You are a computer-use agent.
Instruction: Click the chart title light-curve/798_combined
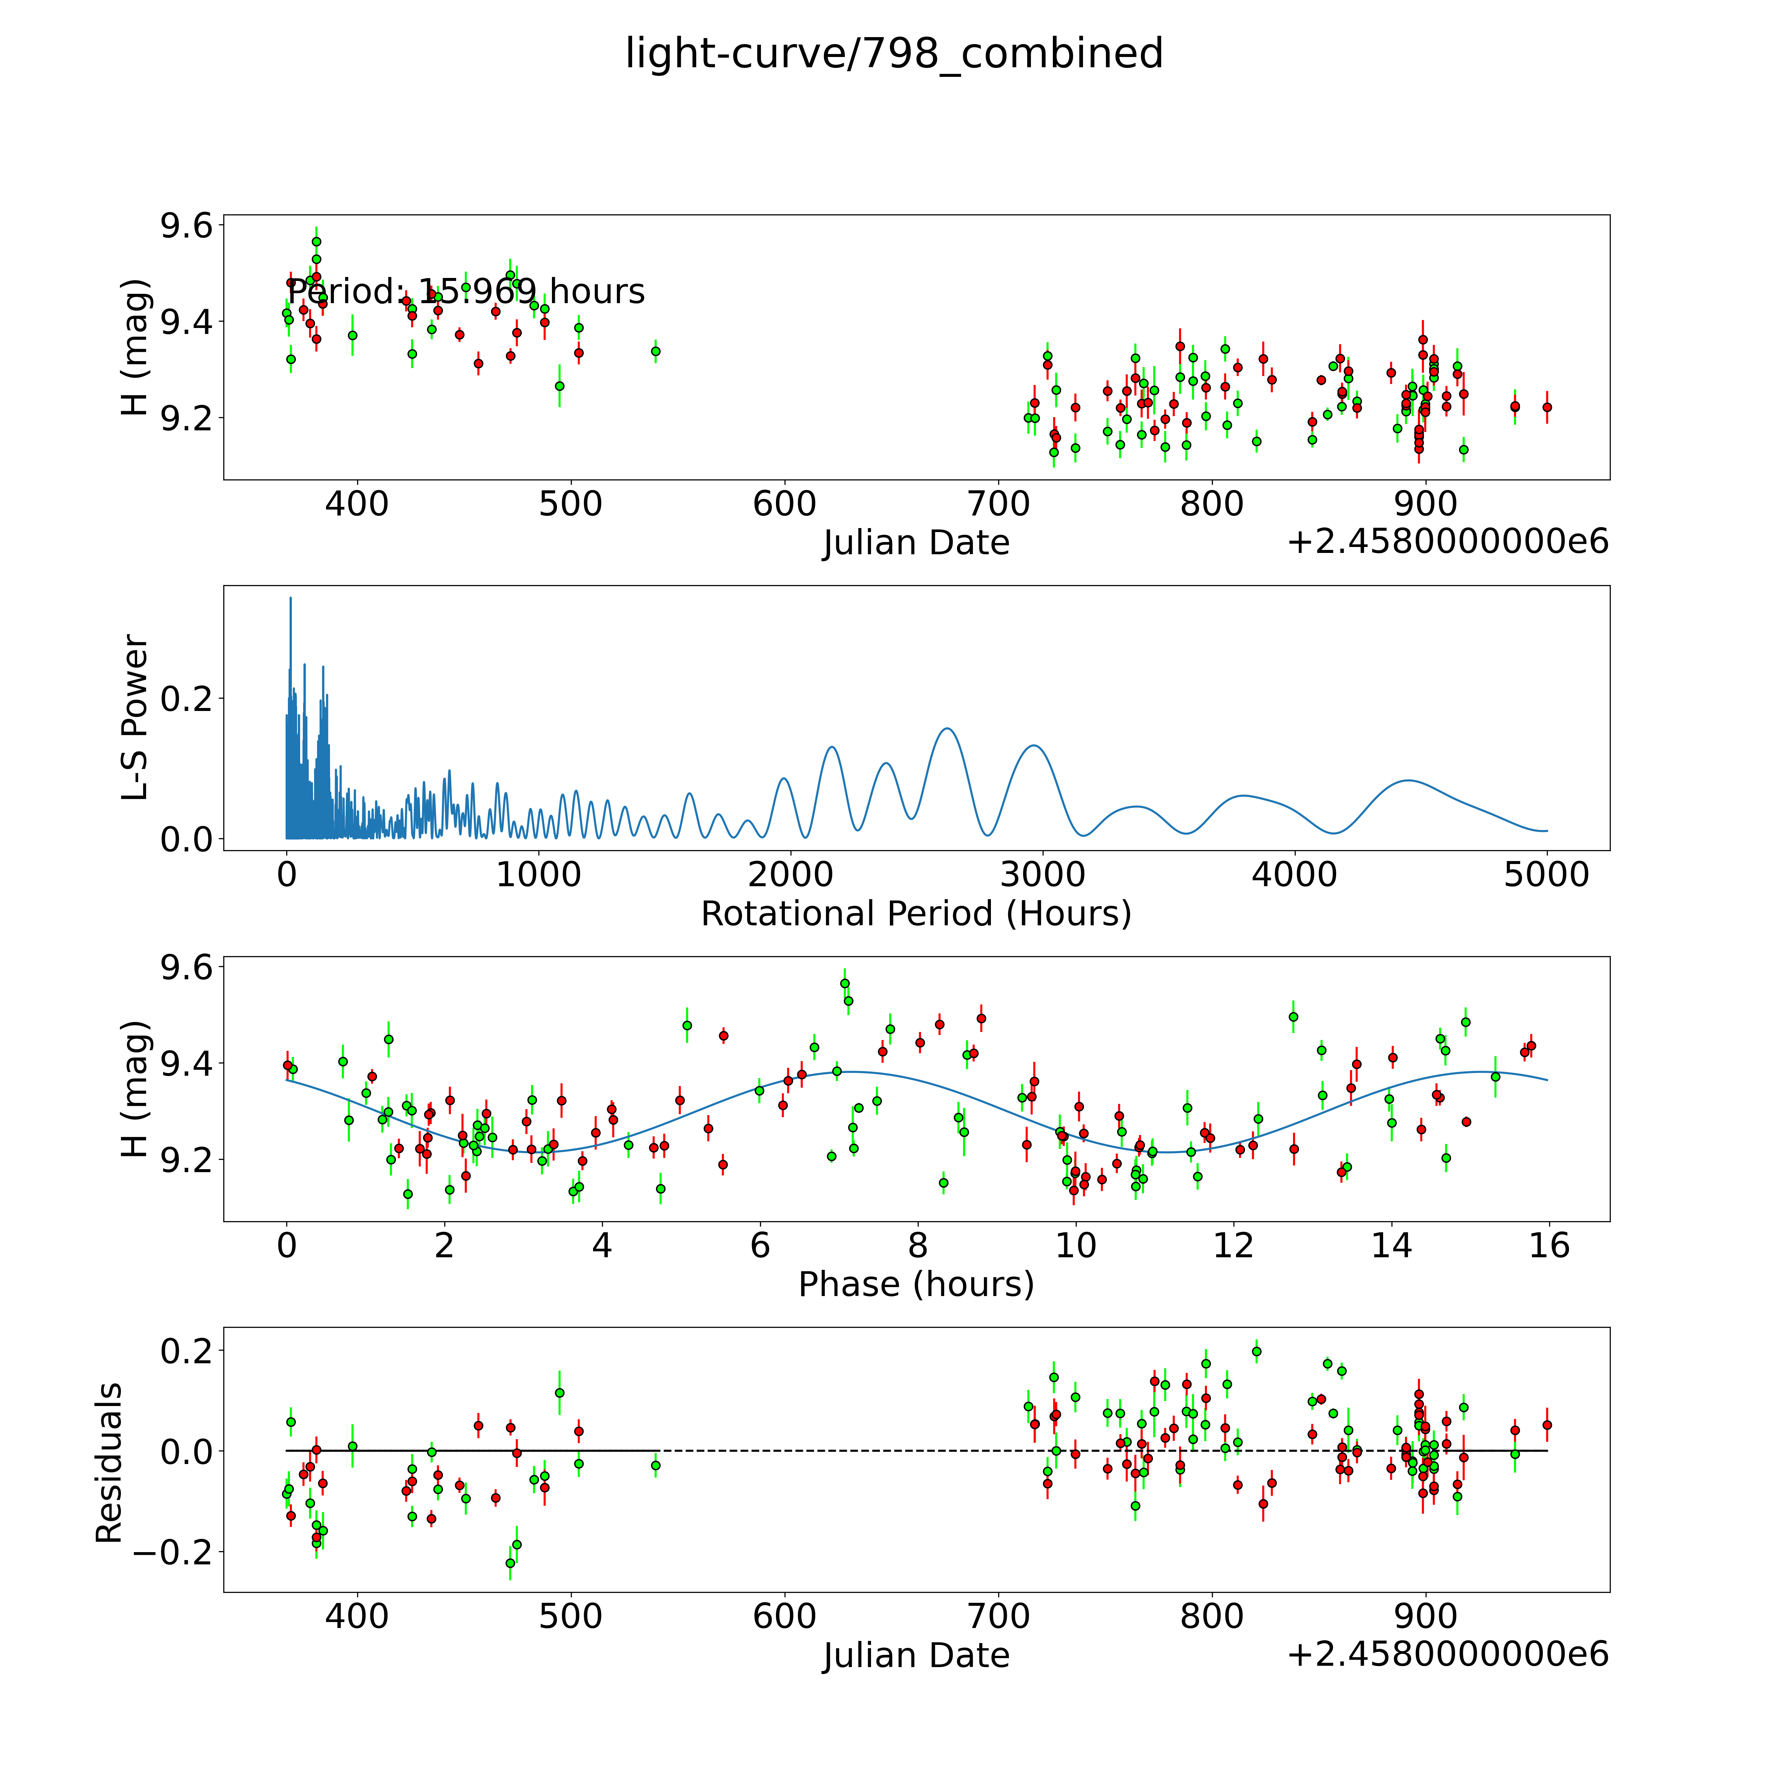[x=894, y=54]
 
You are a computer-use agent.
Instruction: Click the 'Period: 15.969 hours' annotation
[x=466, y=292]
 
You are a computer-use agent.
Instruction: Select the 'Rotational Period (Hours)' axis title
[x=916, y=914]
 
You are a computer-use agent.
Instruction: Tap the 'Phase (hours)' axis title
[x=916, y=1284]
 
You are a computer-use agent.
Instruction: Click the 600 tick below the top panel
[x=784, y=505]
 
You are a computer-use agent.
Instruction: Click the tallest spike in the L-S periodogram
[x=291, y=598]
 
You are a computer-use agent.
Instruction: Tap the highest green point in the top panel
[x=317, y=242]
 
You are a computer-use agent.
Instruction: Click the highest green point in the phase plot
[x=844, y=983]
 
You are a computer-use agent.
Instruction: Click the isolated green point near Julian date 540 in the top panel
[x=656, y=351]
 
